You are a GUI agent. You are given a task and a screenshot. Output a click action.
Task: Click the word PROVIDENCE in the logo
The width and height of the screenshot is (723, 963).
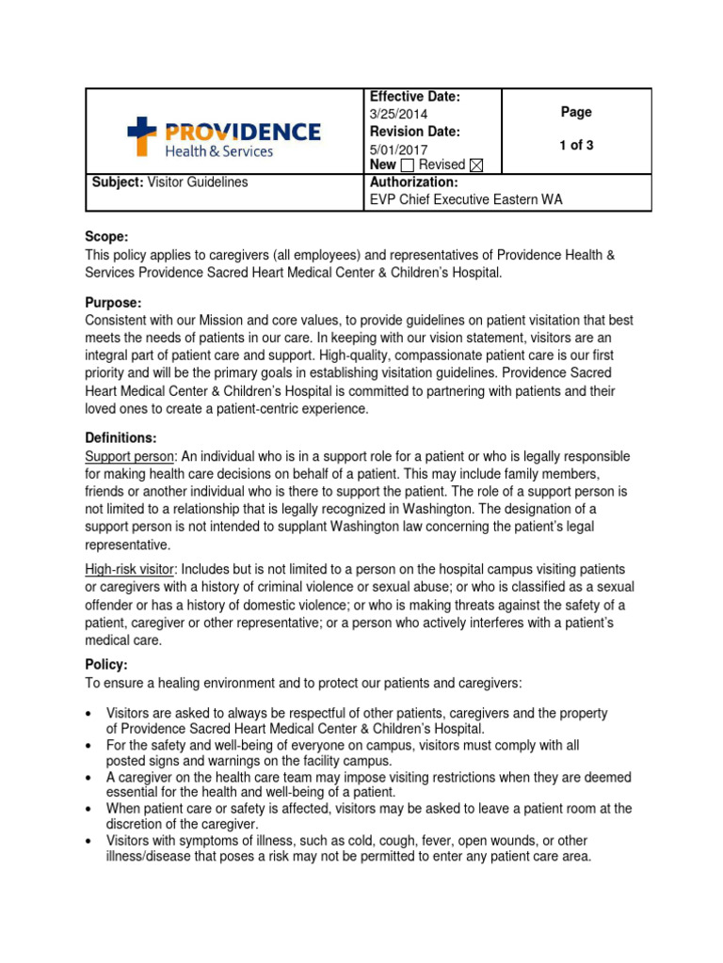click(243, 132)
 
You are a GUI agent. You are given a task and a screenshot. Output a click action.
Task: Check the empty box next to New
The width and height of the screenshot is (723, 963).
click(407, 166)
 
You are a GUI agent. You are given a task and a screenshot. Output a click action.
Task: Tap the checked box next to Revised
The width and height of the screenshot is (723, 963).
click(475, 166)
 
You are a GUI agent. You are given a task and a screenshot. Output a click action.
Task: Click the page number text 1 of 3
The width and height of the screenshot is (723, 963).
click(576, 146)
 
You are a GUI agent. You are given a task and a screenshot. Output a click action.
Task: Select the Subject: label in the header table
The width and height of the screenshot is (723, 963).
click(118, 182)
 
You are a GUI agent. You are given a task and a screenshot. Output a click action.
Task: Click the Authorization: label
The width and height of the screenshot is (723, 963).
click(414, 182)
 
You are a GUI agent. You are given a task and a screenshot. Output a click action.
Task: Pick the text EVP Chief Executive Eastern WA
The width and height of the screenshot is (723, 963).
click(466, 200)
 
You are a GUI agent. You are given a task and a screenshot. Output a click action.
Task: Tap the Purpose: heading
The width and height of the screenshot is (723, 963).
click(113, 303)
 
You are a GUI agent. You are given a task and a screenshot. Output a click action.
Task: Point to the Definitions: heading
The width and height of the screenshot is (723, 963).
click(120, 438)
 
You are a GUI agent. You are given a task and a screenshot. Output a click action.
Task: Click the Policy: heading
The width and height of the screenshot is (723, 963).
click(105, 665)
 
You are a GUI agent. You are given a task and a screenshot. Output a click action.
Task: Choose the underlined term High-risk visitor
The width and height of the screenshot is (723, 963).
click(130, 570)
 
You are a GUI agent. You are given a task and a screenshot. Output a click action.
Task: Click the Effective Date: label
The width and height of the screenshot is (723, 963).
click(415, 97)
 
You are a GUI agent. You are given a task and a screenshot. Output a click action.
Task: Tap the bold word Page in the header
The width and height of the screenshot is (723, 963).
click(576, 112)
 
